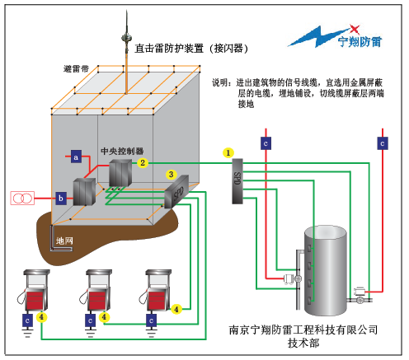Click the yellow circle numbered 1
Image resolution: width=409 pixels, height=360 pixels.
click(228, 152)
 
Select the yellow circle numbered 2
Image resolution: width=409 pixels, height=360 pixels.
click(143, 163)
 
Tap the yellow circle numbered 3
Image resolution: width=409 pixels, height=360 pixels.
click(171, 175)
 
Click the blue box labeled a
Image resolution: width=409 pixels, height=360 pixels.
click(76, 157)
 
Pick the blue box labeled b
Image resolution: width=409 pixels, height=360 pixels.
click(61, 199)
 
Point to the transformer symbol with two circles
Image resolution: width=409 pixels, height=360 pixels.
click(22, 198)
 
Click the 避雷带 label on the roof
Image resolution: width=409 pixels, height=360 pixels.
click(76, 68)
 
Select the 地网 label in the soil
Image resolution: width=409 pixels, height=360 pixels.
click(64, 241)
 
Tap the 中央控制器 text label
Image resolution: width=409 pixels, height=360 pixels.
click(122, 151)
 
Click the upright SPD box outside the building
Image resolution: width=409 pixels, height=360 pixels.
click(237, 181)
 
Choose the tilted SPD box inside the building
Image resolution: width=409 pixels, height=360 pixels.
click(176, 192)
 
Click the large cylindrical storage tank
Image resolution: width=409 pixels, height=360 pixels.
click(326, 270)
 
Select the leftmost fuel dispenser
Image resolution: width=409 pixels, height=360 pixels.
click(34, 291)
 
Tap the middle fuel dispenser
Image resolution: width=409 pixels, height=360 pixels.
click(96, 291)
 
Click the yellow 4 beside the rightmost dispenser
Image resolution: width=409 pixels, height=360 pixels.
click(176, 310)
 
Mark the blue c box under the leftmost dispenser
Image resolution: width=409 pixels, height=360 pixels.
click(27, 320)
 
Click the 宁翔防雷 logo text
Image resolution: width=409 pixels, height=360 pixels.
click(360, 42)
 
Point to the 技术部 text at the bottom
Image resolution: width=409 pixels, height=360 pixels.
click(303, 343)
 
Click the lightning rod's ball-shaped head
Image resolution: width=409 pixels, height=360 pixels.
click(126, 37)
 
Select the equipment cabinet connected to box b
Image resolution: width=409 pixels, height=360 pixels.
click(84, 192)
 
